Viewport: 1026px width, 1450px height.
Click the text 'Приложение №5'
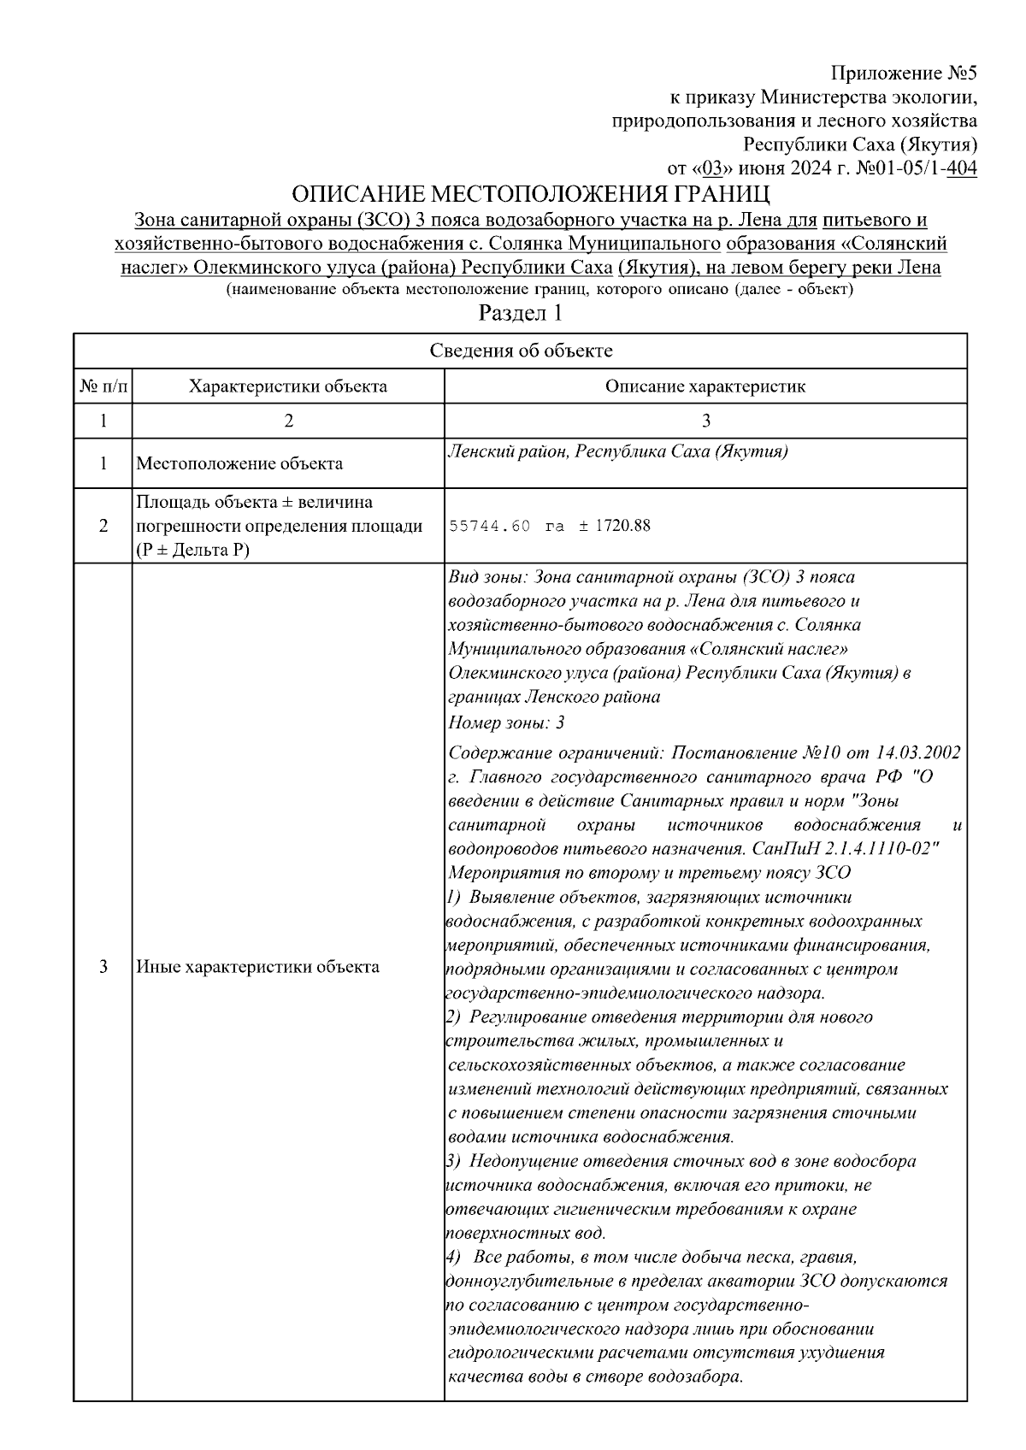pos(904,74)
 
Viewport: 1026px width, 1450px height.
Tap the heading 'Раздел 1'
pos(520,313)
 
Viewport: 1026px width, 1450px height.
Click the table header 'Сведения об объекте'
pos(520,351)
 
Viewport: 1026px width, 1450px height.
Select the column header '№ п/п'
pos(103,386)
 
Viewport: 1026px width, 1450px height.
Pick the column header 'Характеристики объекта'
pos(288,386)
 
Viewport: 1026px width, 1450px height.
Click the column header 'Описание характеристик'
pos(705,386)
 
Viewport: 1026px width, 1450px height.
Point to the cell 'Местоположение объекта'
pos(240,464)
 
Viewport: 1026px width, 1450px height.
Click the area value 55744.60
pos(489,526)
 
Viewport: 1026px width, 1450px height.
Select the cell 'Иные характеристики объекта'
pos(257,968)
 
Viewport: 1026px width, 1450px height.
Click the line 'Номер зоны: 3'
pos(506,723)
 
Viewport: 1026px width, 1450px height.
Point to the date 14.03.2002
pos(918,753)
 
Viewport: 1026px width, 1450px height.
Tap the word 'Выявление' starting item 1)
pos(510,898)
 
